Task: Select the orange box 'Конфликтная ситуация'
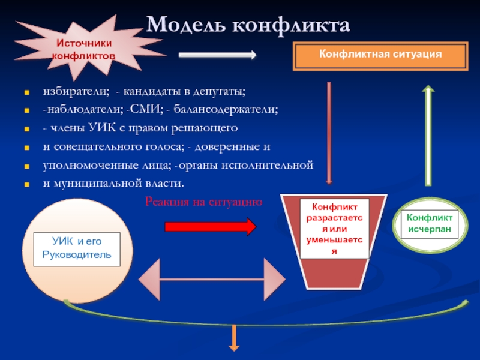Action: pyautogui.click(x=380, y=55)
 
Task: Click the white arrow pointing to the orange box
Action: pyautogui.click(x=218, y=55)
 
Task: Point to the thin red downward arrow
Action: pyautogui.click(x=329, y=132)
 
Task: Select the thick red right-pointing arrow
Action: pyautogui.click(x=210, y=227)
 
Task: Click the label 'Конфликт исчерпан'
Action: pyautogui.click(x=429, y=224)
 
